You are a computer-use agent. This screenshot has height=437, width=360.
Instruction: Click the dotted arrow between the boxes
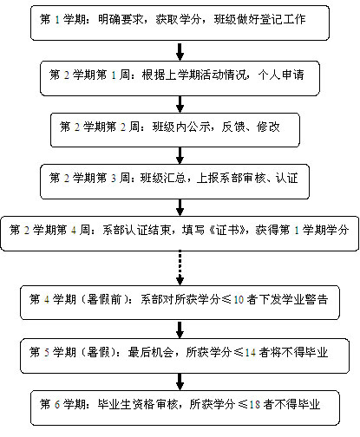[x=180, y=268]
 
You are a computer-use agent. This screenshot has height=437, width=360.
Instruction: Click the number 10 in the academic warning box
[x=239, y=300]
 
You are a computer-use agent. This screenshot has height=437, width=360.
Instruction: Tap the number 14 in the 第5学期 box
[x=251, y=353]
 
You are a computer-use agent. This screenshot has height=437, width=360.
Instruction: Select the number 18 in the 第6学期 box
[x=255, y=404]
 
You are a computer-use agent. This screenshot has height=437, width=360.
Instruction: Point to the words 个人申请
[x=281, y=75]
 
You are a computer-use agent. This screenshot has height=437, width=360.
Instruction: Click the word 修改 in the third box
[x=268, y=127]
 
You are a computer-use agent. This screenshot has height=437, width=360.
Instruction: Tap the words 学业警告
[x=304, y=299]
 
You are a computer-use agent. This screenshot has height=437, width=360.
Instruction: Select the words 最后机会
[x=151, y=352]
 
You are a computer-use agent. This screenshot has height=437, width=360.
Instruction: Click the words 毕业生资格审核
[x=138, y=404]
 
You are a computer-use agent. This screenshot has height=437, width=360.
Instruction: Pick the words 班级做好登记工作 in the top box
[x=259, y=19]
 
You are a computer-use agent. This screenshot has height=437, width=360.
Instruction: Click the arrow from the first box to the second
[x=180, y=52]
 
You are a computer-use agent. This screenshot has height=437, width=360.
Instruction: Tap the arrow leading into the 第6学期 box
[x=180, y=382]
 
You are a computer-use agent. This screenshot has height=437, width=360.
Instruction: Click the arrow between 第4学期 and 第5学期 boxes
[x=180, y=329]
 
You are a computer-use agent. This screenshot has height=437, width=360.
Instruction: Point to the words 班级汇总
[x=163, y=178]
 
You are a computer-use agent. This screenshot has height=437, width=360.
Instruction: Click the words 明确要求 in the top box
[x=121, y=19]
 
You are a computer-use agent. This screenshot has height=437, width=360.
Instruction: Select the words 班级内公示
[x=181, y=127]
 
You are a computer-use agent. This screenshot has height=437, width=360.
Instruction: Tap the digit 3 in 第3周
[x=114, y=179]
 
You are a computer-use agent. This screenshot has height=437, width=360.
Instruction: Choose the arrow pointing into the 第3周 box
[x=180, y=155]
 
